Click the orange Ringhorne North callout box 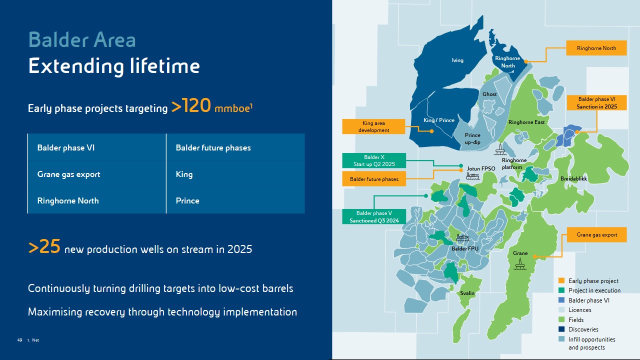pos(596,48)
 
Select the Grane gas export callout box pos(596,234)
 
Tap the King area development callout pos(373,126)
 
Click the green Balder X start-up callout pos(374,160)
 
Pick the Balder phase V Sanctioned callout pos(374,216)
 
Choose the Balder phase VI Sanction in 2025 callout pos(596,102)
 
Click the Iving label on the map pos(457,60)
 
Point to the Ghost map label pos(489,94)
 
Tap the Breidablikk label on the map pos(573,178)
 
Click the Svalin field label pos(467,293)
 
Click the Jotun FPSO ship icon pos(472,176)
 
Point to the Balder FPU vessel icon pos(462,237)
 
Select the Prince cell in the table pos(235,200)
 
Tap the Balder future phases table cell pos(235,147)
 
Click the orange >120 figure pos(191,105)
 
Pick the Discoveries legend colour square pos(561,329)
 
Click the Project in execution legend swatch pos(561,290)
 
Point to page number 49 pos(19,340)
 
